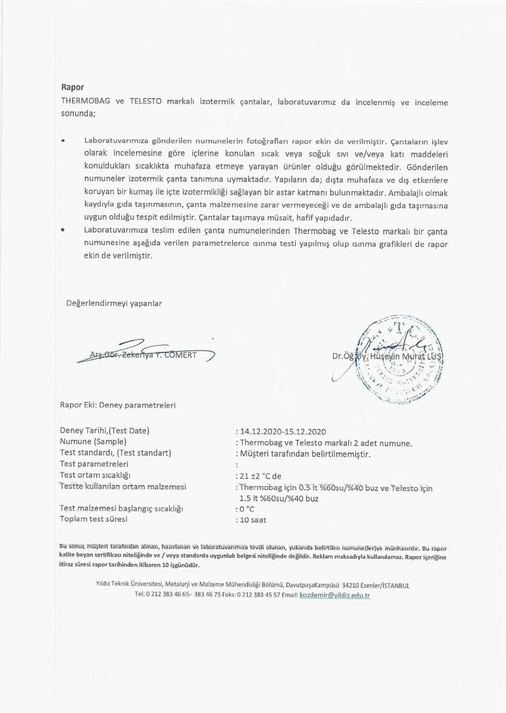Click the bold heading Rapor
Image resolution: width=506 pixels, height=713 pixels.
click(x=72, y=88)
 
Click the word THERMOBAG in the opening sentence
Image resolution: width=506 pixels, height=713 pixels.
click(x=85, y=102)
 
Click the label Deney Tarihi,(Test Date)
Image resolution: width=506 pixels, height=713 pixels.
click(x=104, y=431)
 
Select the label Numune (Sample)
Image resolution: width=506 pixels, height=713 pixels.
click(x=93, y=442)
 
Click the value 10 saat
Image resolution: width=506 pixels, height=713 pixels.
click(x=253, y=520)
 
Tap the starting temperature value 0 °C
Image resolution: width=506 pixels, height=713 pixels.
click(x=247, y=509)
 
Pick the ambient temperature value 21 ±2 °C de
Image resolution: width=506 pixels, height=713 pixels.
click(x=260, y=476)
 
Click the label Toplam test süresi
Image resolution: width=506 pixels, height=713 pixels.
click(x=93, y=519)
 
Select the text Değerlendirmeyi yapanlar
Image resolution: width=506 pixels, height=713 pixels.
click(x=114, y=303)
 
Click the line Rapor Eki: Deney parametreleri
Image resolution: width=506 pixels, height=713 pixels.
click(x=118, y=405)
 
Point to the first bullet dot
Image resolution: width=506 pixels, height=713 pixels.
click(x=63, y=141)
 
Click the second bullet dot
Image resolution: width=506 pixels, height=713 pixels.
click(x=63, y=230)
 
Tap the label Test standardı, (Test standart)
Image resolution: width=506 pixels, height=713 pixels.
click(x=115, y=452)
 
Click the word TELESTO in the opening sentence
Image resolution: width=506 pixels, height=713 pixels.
click(x=145, y=102)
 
